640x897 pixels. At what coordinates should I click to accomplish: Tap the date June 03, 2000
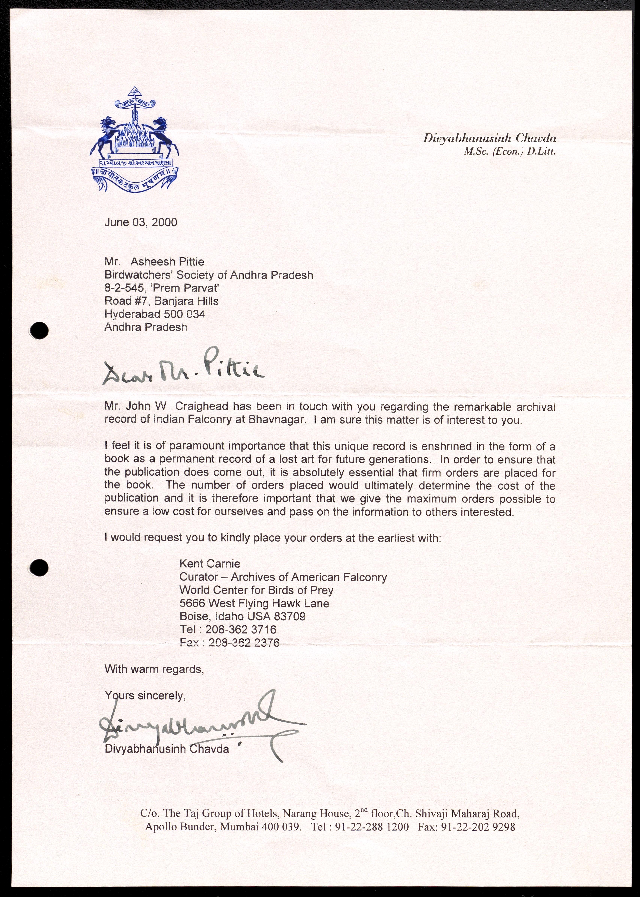pos(141,223)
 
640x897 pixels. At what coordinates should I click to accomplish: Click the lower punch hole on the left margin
pos(39,568)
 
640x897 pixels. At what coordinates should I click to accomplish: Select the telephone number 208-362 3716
pos(240,629)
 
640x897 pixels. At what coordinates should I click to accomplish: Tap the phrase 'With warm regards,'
pos(154,669)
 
